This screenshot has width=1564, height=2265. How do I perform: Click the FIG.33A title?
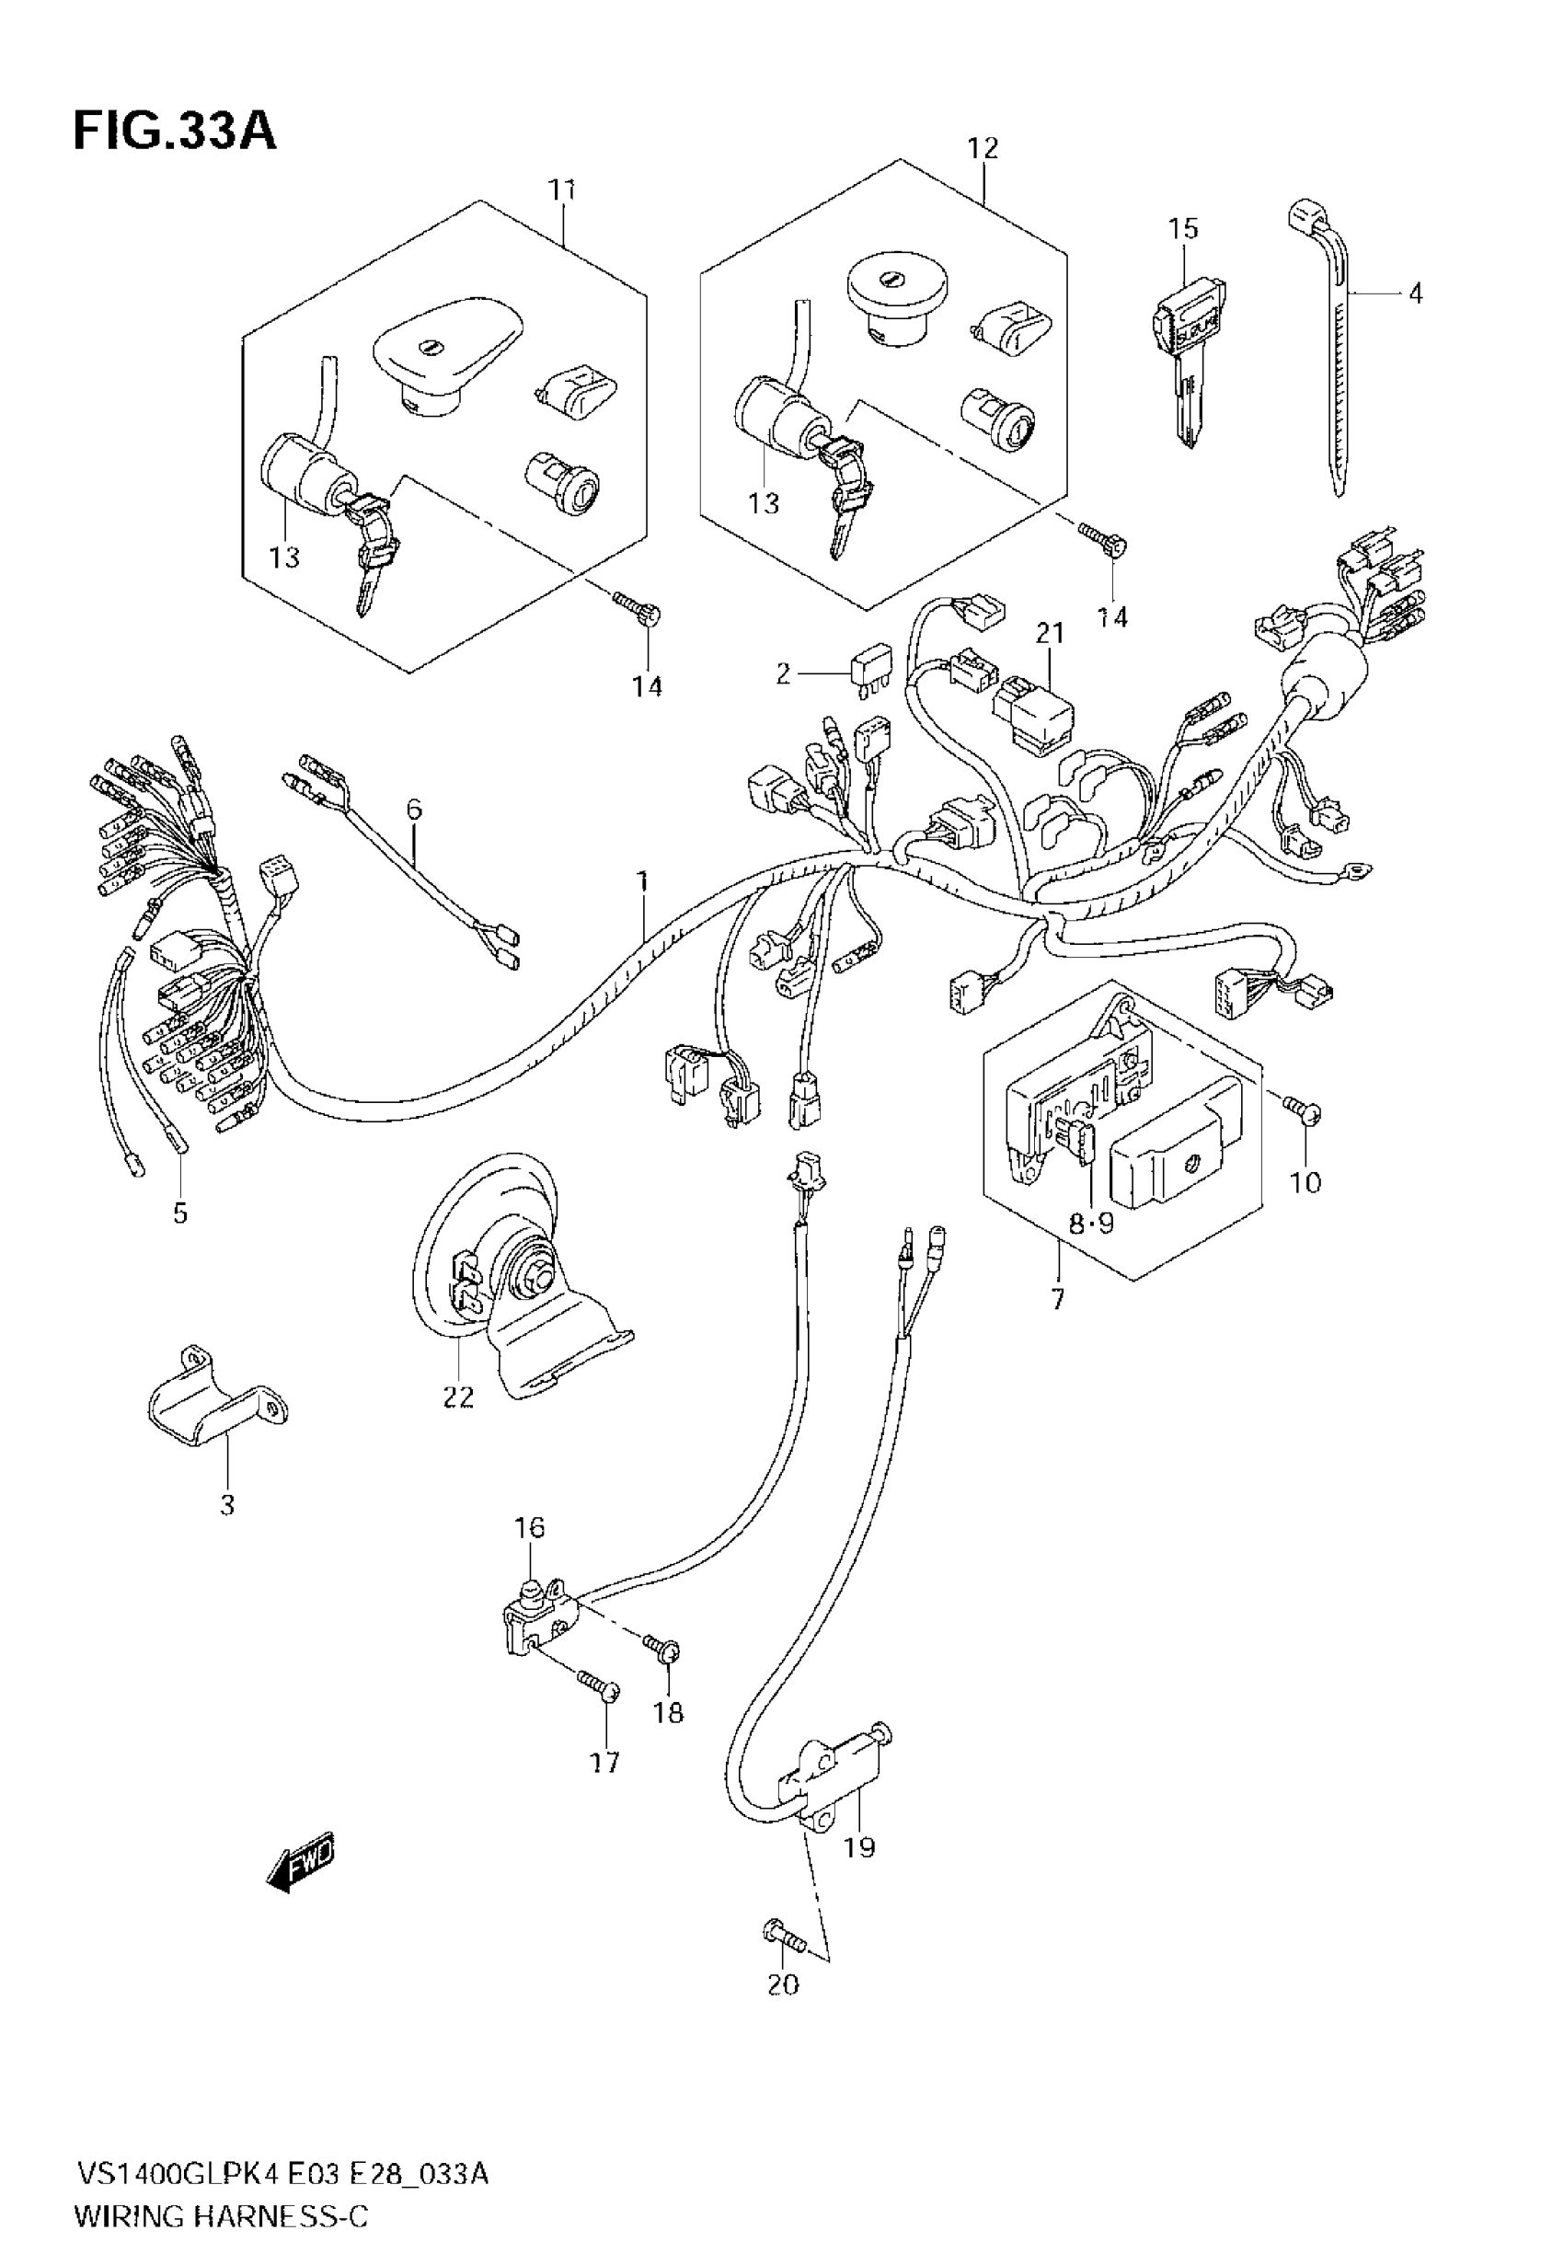(175, 132)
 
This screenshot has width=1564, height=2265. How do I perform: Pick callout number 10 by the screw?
(1305, 1182)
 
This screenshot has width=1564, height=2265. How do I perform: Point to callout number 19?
(859, 1847)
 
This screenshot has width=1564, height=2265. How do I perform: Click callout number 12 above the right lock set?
(982, 148)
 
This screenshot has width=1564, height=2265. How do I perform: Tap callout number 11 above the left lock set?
(561, 190)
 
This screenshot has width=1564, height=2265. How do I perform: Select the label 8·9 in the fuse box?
(1091, 1223)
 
